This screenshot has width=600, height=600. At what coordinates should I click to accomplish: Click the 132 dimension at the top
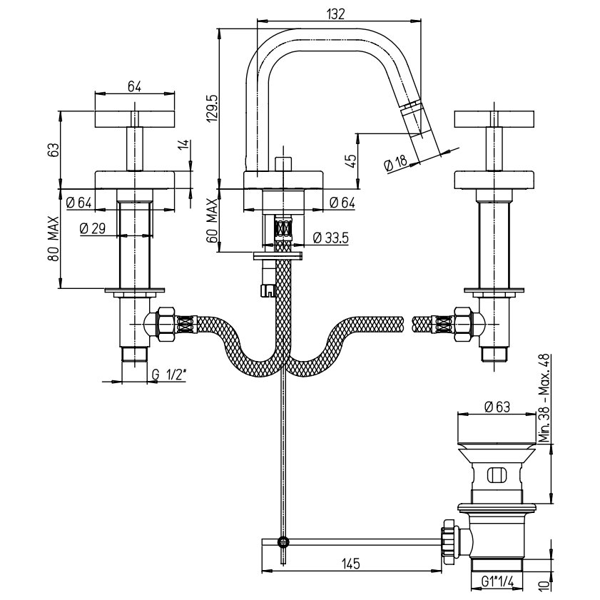(x=335, y=14)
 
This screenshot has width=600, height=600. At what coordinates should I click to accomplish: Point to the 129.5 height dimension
(x=212, y=109)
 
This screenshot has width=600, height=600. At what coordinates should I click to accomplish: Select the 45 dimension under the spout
(x=352, y=160)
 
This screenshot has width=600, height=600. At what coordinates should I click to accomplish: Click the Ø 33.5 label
(x=330, y=238)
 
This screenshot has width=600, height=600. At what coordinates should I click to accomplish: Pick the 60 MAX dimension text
(x=212, y=220)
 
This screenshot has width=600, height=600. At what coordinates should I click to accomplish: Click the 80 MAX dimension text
(x=54, y=238)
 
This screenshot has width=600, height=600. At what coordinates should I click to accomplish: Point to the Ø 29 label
(x=93, y=228)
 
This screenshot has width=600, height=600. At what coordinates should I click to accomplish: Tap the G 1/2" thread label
(x=169, y=375)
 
